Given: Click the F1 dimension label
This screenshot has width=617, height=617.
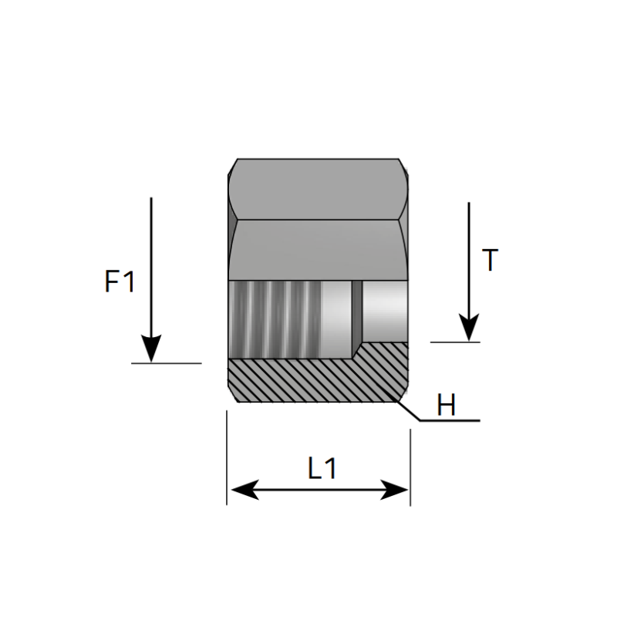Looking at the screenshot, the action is click(x=120, y=281).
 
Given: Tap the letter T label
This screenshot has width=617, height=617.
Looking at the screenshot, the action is click(x=490, y=260).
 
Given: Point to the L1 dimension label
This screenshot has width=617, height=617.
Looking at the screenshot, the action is click(x=322, y=468).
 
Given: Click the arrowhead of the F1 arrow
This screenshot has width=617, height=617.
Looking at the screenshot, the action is click(x=151, y=349).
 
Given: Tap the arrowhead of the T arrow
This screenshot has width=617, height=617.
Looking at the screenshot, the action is click(x=469, y=327).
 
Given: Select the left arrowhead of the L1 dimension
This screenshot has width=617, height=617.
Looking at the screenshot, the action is click(x=244, y=490).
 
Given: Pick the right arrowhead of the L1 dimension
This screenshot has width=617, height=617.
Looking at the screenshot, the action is click(x=394, y=490).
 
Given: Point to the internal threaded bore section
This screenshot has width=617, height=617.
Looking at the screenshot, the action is click(x=275, y=319).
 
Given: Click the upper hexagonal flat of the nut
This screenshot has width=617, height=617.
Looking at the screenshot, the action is click(x=318, y=189).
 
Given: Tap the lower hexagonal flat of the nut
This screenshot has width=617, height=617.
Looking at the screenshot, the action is click(x=318, y=250).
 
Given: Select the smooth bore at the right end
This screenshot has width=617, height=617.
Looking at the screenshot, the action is click(x=385, y=311).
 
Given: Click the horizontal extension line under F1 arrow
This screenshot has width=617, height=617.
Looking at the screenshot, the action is click(x=167, y=363).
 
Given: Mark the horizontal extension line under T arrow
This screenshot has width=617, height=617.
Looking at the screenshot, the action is click(x=455, y=342).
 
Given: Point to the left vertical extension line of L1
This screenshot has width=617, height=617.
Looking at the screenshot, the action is click(x=227, y=457).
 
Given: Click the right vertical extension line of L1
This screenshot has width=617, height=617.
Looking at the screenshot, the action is click(x=410, y=467).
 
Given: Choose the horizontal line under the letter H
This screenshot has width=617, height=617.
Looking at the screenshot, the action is click(x=450, y=420).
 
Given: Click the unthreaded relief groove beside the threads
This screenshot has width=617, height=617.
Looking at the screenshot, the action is click(x=336, y=319).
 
